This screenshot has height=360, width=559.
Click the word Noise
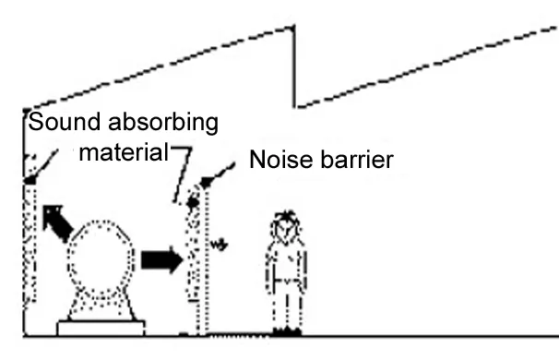[280, 162]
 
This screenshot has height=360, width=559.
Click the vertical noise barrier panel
[205, 268]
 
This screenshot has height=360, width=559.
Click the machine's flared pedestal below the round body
[101, 306]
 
